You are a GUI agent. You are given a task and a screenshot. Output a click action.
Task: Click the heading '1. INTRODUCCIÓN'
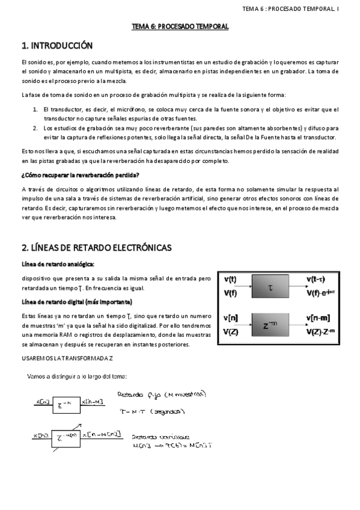click(56, 46)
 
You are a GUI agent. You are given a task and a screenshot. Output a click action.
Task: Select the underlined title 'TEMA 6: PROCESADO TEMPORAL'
click(180, 27)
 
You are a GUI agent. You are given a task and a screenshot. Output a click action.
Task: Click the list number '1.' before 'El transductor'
click(35, 109)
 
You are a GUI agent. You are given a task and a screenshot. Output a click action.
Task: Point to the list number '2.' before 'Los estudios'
click(35, 128)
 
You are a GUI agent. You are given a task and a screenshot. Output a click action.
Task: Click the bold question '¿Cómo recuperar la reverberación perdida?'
click(80, 175)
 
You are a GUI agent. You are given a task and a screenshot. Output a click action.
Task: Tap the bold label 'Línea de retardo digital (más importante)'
click(77, 301)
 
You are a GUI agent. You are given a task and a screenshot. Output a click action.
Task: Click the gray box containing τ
click(270, 287)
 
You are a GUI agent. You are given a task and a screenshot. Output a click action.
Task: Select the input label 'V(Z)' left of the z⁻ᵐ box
click(231, 331)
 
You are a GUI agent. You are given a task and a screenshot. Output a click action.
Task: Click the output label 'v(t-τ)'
click(316, 279)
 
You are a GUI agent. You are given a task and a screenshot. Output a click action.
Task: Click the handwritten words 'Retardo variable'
click(153, 437)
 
